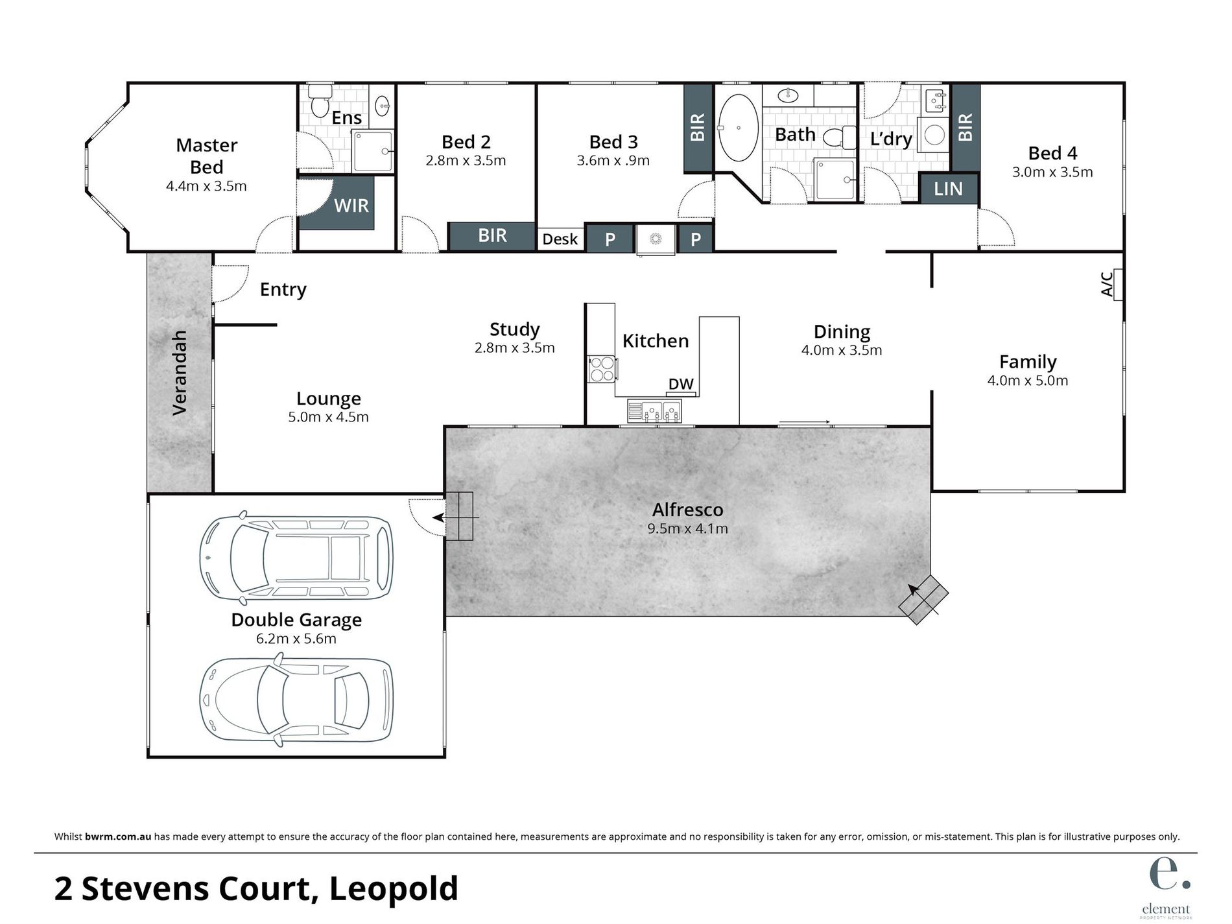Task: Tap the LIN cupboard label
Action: click(948, 189)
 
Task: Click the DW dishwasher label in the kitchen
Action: click(681, 385)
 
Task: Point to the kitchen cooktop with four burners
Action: click(602, 370)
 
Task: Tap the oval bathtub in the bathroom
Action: click(738, 128)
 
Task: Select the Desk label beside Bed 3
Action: click(560, 239)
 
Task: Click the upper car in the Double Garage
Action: click(296, 557)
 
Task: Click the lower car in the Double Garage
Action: click(296, 702)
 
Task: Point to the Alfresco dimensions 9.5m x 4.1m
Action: click(687, 529)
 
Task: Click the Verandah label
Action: click(180, 372)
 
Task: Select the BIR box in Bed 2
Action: click(492, 236)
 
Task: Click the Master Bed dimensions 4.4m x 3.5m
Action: click(206, 187)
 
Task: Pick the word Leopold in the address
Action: click(394, 889)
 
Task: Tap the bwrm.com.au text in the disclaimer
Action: click(118, 837)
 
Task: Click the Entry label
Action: click(283, 289)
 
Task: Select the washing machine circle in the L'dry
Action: click(934, 135)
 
